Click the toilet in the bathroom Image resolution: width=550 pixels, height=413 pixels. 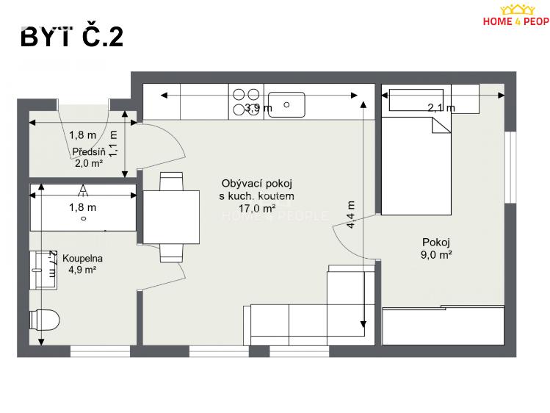click(x=43, y=320)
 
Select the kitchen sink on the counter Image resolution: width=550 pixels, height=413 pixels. click(x=286, y=103)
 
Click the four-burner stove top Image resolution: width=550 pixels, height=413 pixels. click(x=246, y=101)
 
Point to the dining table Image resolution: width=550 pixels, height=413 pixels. click(x=171, y=218)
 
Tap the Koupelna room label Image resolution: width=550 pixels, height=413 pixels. click(x=82, y=259)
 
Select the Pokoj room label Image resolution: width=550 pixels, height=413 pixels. click(x=435, y=243)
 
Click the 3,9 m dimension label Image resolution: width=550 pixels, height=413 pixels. click(x=258, y=108)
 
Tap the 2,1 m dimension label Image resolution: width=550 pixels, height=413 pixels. click(x=441, y=108)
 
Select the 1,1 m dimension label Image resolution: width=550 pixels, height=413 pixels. click(x=113, y=143)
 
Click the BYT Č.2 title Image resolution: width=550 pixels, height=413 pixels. click(x=72, y=37)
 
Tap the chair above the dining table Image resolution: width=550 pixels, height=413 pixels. click(x=171, y=182)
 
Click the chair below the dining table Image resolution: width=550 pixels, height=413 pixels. click(x=171, y=253)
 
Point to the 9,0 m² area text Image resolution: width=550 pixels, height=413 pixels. click(x=435, y=255)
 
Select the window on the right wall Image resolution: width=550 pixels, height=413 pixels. click(x=509, y=167)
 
